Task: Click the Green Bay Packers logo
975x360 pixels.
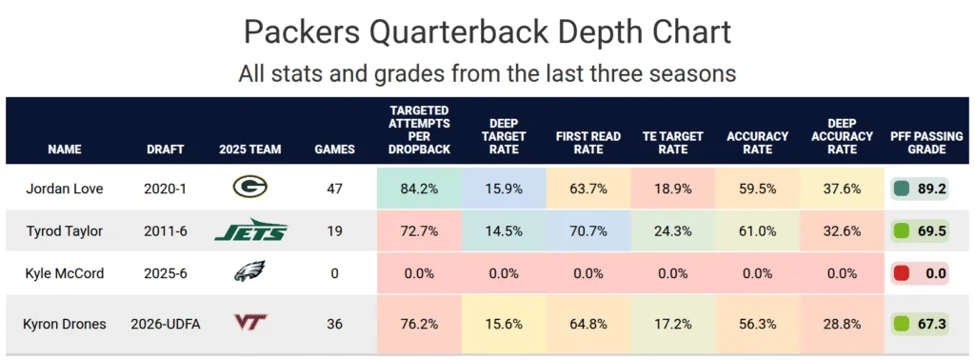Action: click(250, 186)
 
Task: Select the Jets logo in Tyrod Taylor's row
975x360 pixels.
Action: click(250, 230)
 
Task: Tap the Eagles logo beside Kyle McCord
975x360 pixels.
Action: click(250, 271)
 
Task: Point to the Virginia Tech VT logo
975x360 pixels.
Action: click(250, 322)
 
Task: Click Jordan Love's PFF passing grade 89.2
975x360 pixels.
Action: click(932, 189)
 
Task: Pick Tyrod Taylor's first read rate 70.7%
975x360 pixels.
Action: click(589, 231)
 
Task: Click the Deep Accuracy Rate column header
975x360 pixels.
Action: click(842, 136)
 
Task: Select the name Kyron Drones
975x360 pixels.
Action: click(65, 324)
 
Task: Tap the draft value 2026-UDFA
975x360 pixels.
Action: click(166, 324)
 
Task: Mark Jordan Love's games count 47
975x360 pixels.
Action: click(334, 189)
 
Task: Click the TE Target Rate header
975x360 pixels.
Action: click(673, 143)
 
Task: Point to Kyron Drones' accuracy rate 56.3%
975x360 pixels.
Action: click(757, 324)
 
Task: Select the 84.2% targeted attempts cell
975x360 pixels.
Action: click(419, 189)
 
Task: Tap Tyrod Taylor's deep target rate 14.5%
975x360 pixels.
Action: click(503, 231)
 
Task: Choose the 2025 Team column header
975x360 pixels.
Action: click(250, 150)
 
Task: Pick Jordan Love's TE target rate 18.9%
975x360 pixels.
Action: click(673, 189)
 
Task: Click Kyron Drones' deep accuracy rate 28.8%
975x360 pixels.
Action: click(842, 324)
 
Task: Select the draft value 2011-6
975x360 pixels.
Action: click(166, 231)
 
